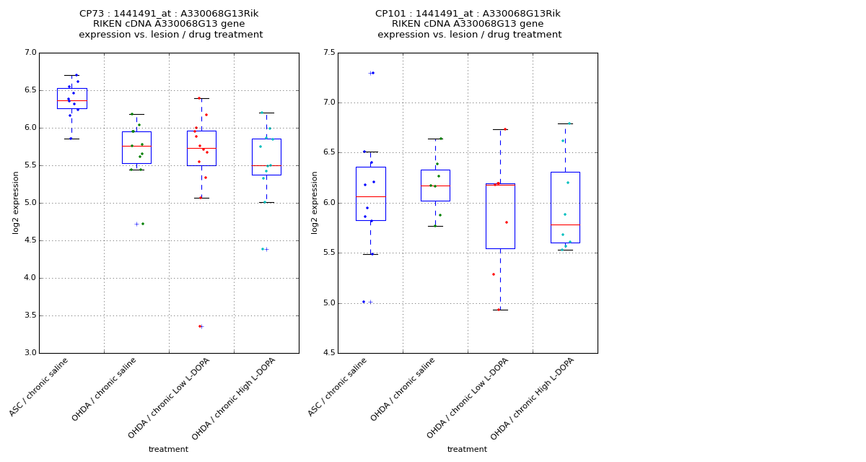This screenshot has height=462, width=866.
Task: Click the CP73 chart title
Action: (170, 24)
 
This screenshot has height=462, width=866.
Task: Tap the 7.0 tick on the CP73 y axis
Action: (30, 53)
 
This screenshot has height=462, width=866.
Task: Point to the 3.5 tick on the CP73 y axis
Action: (30, 315)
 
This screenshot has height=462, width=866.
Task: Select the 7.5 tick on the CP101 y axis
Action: (328, 53)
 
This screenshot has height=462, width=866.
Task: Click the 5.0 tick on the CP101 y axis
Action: (328, 303)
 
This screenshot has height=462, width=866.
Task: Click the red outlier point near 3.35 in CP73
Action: (200, 326)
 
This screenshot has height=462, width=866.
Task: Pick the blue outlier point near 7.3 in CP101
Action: (373, 73)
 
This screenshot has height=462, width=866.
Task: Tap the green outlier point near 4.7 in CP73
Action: (142, 224)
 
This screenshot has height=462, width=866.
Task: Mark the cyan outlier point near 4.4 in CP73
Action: (263, 249)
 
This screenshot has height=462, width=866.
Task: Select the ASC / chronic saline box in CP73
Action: (71, 98)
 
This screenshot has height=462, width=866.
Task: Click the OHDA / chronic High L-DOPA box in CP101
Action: (565, 207)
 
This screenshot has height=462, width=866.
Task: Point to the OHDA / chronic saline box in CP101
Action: (435, 186)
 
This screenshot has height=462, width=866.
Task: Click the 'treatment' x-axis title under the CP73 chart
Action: (168, 450)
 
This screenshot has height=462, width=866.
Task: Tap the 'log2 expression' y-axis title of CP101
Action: (315, 202)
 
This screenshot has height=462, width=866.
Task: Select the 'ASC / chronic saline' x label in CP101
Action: (338, 387)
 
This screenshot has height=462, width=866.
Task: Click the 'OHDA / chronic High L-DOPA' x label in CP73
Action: (235, 398)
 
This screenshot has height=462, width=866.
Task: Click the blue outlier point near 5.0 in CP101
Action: (364, 302)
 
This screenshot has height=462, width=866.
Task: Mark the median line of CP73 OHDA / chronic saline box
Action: (136, 146)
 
